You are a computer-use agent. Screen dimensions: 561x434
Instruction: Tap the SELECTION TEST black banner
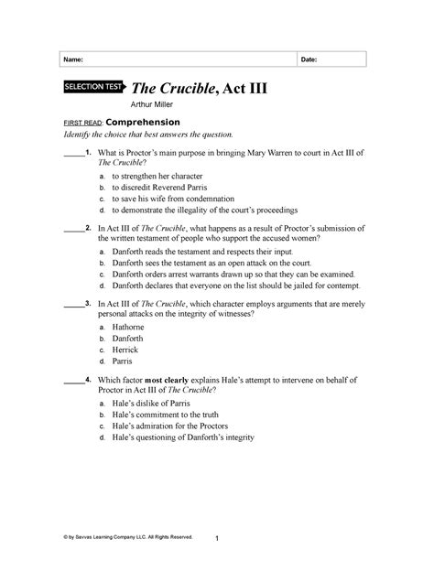coord(94,89)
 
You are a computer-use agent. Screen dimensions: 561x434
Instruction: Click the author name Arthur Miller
coord(159,106)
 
